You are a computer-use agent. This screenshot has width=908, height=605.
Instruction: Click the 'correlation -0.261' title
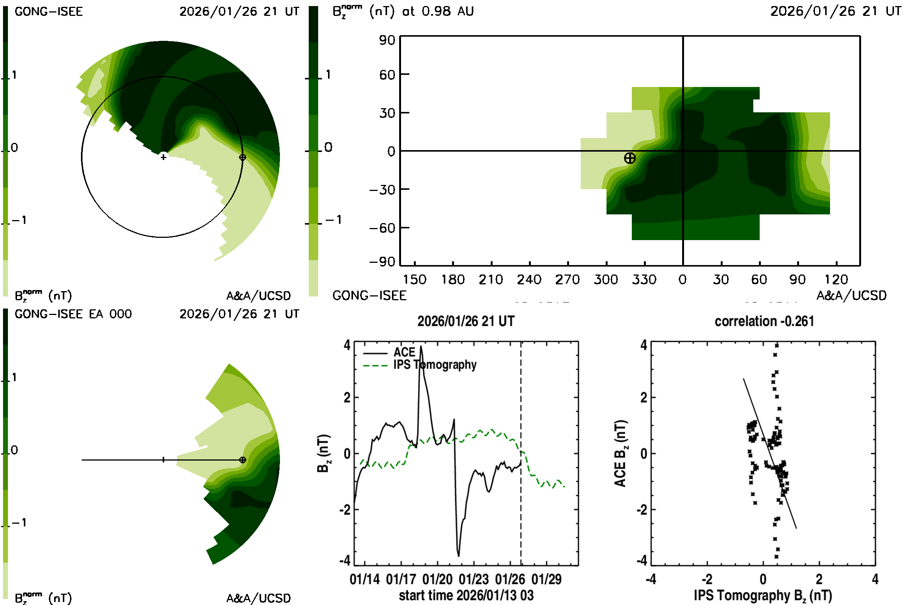coord(764,321)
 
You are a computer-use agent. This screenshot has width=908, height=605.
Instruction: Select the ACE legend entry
coord(404,352)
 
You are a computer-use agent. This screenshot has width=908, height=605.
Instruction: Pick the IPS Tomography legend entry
coord(435,365)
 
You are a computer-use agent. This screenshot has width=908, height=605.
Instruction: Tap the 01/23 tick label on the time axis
coord(473,580)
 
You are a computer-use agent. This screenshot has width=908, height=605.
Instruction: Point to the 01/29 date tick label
coord(546,580)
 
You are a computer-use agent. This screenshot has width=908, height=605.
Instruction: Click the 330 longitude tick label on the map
coord(644,279)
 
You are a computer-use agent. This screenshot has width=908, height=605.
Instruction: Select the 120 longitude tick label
coord(836,279)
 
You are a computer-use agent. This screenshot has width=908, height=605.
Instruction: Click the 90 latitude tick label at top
coord(387,40)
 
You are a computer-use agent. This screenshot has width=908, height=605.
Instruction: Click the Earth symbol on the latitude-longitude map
coord(630,158)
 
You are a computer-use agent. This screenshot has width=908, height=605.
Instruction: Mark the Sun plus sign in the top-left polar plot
coord(164,157)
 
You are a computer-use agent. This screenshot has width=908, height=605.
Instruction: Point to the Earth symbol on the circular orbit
coord(243,157)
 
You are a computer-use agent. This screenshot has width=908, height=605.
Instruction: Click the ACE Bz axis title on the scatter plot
coord(620,453)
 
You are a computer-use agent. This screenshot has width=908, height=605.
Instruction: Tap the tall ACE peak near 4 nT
coord(421,347)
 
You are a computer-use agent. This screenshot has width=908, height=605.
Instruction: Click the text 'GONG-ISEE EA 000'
coord(73,314)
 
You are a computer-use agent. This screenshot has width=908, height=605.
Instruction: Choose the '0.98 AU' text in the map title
coord(448,11)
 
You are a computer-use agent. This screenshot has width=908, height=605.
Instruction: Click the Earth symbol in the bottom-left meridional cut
coord(243,460)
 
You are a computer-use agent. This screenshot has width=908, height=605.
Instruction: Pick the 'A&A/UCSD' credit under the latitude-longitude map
coord(851,296)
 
